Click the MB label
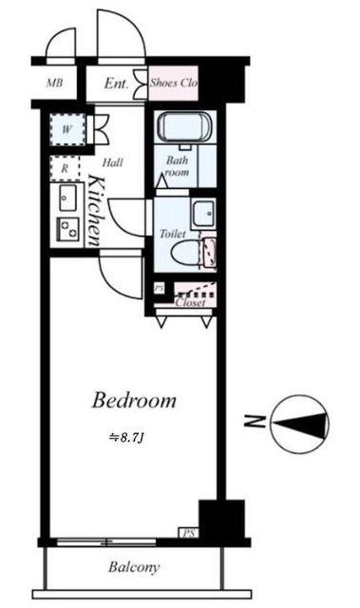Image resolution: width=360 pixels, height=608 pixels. coord(56,84)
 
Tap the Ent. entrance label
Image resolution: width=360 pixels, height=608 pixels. coord(117,84)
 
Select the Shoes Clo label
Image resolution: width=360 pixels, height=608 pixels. coord(174,84)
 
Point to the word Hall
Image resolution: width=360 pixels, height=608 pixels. coord(113,162)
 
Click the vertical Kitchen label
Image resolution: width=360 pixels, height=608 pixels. coord(95,212)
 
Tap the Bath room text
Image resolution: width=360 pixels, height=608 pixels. coord(178,167)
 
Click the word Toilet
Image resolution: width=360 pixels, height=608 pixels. coord(171,232)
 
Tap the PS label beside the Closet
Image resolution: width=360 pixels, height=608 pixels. coord(159,288)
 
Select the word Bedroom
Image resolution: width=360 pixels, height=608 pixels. coord(134,401)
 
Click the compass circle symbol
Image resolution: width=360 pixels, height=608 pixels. coord(299,423)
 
